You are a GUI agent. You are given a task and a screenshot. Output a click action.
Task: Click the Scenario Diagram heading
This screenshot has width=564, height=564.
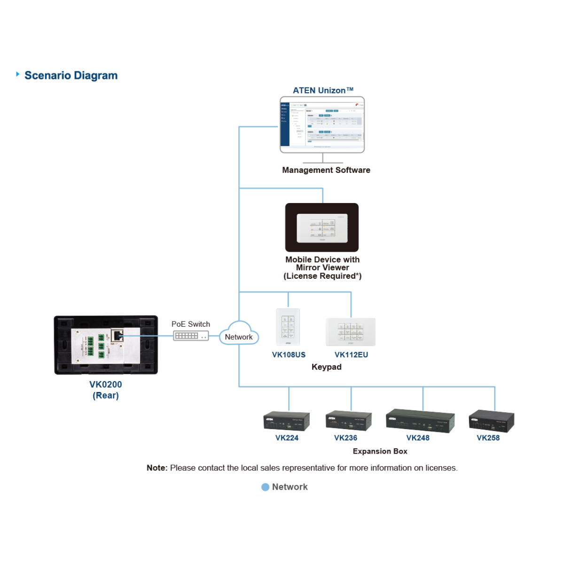coord(71,76)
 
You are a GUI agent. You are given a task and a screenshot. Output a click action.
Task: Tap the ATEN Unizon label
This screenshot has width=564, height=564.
coord(322,90)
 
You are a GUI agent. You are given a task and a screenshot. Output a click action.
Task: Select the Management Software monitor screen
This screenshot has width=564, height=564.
coord(322,124)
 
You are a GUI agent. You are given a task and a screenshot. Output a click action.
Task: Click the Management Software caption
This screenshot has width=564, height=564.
coord(326,170)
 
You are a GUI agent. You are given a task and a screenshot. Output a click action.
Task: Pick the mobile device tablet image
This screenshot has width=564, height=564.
coord(322,227)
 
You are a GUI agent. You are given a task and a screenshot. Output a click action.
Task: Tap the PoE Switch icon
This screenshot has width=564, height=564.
coord(191,336)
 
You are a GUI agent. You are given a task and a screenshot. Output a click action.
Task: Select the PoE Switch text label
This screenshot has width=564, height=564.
coord(190,324)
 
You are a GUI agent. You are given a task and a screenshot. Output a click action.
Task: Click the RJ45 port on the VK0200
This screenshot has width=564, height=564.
coord(117,335)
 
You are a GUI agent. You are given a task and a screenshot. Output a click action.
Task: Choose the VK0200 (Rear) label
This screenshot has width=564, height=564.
coord(106,390)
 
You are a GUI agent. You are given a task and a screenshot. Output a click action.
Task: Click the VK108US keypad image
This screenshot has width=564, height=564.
coord(288,327)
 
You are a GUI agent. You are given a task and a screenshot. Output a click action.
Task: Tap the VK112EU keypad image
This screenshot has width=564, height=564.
coord(351,332)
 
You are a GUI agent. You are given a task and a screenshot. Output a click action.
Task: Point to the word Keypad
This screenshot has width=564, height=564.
coord(326,367)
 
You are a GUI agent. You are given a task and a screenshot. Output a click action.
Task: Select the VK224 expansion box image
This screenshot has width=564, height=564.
coord(287,421)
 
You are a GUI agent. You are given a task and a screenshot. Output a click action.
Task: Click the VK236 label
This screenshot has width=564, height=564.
coord(345,438)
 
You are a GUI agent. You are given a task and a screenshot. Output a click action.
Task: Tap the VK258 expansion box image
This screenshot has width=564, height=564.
coord(492,421)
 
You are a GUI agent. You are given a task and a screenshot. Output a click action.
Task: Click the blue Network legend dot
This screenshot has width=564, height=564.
coord(265,487)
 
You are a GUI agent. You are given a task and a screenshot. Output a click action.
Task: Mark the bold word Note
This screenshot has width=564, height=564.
coord(157,468)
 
